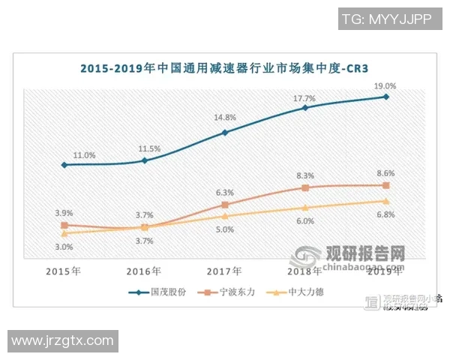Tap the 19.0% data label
click(x=385, y=86)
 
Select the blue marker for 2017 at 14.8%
click(x=225, y=133)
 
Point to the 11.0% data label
click(x=84, y=154)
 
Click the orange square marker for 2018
click(x=305, y=187)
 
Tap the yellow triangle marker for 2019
click(x=385, y=201)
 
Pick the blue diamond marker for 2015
click(x=64, y=165)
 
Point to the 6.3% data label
click(x=225, y=192)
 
